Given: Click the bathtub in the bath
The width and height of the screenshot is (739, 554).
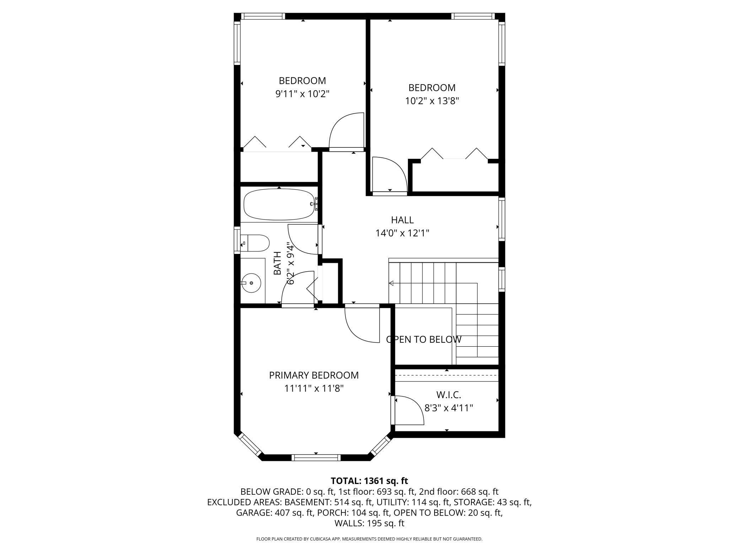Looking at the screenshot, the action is [279, 204].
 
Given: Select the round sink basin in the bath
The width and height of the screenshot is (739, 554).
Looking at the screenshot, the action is [251, 283].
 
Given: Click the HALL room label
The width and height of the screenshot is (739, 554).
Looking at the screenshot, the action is [402, 220].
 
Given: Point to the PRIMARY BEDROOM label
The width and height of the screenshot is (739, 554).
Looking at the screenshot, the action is [314, 375].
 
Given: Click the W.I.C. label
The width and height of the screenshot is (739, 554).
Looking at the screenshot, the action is [448, 395].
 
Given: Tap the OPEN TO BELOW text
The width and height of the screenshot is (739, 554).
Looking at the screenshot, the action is [424, 340].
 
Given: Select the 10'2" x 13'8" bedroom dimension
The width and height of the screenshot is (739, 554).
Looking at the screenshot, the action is [432, 101].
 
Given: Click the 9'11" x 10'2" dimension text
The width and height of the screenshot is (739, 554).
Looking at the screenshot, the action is [302, 94].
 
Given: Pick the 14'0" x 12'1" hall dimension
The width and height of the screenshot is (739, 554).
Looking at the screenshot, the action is [402, 233].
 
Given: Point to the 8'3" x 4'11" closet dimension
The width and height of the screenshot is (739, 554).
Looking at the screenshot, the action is [449, 408].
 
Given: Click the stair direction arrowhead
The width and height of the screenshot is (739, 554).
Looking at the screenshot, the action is [391, 283].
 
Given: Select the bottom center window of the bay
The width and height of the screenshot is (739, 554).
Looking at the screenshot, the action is [316, 457].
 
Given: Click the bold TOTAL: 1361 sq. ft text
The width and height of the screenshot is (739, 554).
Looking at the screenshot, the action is [369, 481].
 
